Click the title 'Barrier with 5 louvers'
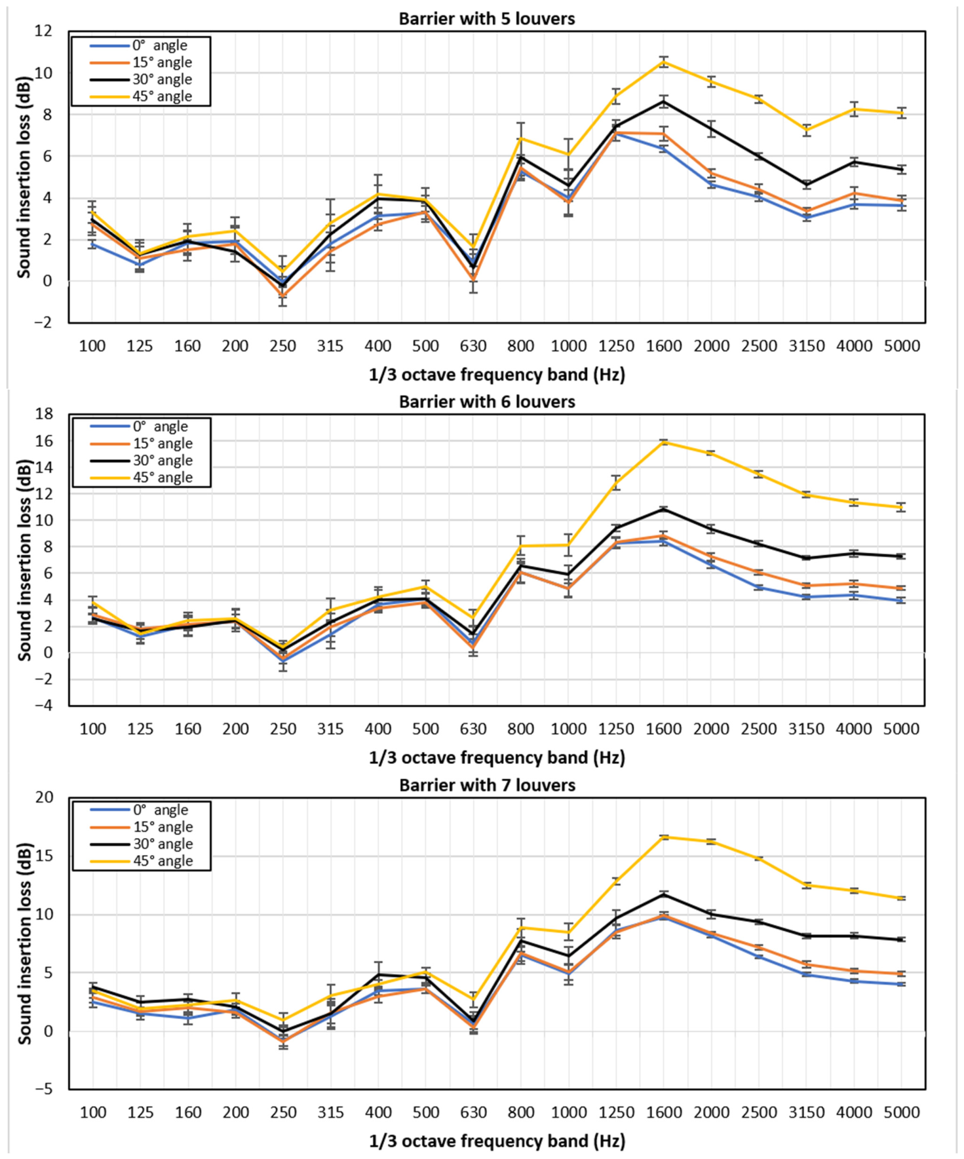487,18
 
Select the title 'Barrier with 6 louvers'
487,402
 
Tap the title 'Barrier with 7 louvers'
488,785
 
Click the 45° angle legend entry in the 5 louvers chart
142,96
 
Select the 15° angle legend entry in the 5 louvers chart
142,62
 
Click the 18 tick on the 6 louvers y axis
45,414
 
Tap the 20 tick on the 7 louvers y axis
45,797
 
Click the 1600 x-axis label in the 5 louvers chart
664,346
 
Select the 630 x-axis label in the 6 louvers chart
473,729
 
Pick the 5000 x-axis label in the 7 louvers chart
902,1112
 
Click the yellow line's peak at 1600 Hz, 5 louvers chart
664,62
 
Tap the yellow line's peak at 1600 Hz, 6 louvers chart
664,442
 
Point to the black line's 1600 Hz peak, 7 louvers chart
664,894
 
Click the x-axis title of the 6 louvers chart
497,758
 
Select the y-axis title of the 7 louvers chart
25,944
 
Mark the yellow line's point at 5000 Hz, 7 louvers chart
902,898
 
